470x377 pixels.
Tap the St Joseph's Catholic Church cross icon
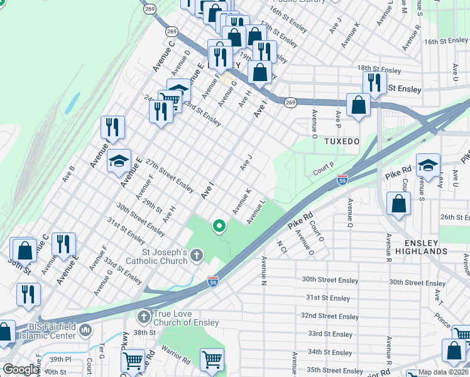197,255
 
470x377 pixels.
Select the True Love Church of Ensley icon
143,316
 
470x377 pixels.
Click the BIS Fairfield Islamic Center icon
86,330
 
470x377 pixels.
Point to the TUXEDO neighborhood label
342,141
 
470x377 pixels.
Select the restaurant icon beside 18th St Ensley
374,82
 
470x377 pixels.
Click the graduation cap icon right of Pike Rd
427,166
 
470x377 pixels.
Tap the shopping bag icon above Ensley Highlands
398,204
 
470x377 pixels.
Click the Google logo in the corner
20,370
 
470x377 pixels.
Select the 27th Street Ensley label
170,175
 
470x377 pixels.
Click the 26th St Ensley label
454,217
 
